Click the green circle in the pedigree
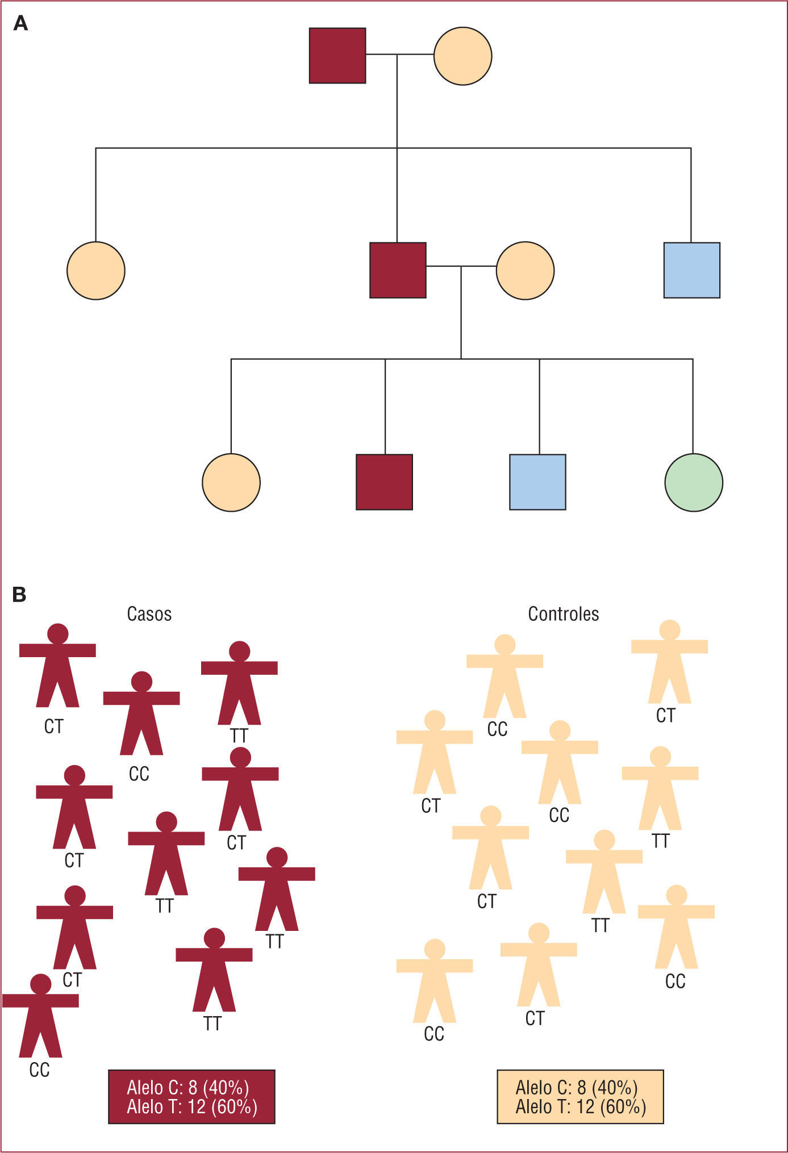pyautogui.click(x=694, y=482)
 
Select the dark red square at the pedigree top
pyautogui.click(x=337, y=56)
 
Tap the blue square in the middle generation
pyautogui.click(x=692, y=270)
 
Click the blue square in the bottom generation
pyautogui.click(x=537, y=482)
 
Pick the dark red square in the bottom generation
pyautogui.click(x=384, y=482)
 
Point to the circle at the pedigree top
pyautogui.click(x=462, y=56)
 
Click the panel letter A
pyautogui.click(x=20, y=23)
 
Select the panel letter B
pyautogui.click(x=19, y=595)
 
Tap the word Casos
pyautogui.click(x=149, y=614)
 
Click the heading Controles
pyautogui.click(x=564, y=614)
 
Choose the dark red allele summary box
pyautogui.click(x=191, y=1097)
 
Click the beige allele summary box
pyautogui.click(x=580, y=1097)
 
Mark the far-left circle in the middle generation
pyautogui.click(x=96, y=270)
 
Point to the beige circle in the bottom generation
pyautogui.click(x=231, y=482)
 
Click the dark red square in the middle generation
pyautogui.click(x=398, y=270)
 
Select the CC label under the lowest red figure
pyautogui.click(x=39, y=1070)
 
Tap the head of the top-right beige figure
pyautogui.click(x=670, y=630)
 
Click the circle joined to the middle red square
pyautogui.click(x=525, y=270)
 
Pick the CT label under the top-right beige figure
pyautogui.click(x=666, y=716)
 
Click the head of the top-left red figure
pyautogui.click(x=58, y=633)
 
